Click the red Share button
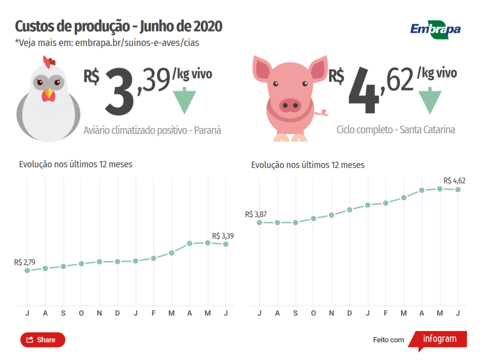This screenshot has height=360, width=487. tap(42, 340)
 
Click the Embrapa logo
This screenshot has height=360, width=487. tap(435, 29)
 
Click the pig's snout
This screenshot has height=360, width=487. tap(290, 105)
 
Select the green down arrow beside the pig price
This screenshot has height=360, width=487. tap(430, 100)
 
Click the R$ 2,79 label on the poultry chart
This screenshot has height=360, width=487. tap(25, 262)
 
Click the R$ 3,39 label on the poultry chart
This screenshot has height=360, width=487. tap(223, 235)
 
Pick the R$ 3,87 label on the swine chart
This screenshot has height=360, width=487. tap(255, 214)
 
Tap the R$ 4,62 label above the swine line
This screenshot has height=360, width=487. tap(454, 181)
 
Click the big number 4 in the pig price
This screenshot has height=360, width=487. tap(364, 92)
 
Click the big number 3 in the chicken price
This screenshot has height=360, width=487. tap(119, 92)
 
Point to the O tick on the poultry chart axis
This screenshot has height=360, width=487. tap(81, 313)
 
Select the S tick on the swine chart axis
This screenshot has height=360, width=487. tap(295, 313)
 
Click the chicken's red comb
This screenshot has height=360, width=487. tap(49, 62)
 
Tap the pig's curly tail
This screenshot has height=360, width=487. tap(323, 113)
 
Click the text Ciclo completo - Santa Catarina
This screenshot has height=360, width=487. tap(396, 129)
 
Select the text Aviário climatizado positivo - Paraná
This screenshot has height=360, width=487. tap(152, 130)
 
